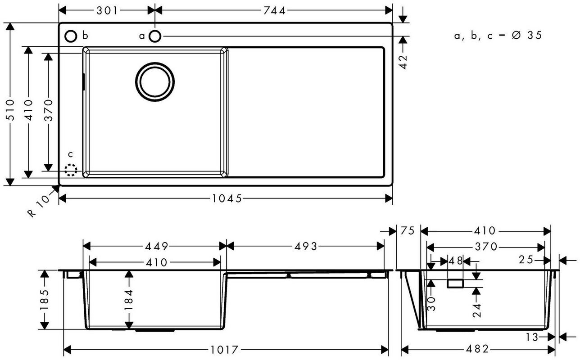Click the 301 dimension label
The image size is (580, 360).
pos(107,11)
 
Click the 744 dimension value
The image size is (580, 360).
pos(275,11)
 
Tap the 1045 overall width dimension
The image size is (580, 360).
pos(227,198)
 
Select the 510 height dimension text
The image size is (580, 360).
pos(10,110)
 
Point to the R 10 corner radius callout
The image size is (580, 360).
pos(39,206)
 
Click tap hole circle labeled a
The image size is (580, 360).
pos(155,36)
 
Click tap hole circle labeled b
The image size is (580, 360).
pos(71,36)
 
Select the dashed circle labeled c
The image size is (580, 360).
pos(71,170)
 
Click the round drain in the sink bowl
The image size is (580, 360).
pos(155,82)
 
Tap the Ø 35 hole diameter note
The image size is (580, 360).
pos(527,36)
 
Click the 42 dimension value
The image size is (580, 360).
pos(403,62)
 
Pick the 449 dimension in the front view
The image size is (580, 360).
pos(156,246)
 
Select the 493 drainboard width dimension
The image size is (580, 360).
pos(305,246)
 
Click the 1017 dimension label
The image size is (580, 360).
pos(224,350)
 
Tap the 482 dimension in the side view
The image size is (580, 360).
pos(477,349)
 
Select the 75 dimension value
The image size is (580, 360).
pos(408,230)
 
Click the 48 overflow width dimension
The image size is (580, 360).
pos(455,261)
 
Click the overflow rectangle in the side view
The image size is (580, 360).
pos(455,283)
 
